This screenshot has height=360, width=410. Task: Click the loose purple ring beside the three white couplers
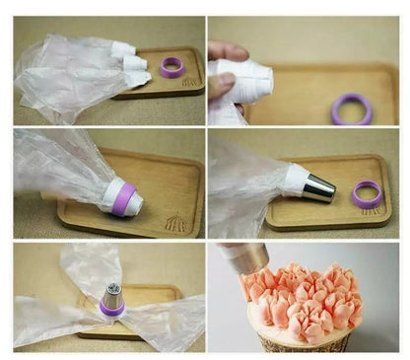coord(172,67)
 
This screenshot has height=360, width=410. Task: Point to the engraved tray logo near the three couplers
coord(189,82)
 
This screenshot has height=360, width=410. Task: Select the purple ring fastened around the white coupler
coord(122,197)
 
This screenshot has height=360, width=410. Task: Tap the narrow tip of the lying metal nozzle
coord(332,189)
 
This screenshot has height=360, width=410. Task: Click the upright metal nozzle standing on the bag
coord(112,296)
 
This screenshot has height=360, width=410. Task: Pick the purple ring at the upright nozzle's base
coord(111,310)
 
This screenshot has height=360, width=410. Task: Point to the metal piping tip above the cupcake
coord(246,258)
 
